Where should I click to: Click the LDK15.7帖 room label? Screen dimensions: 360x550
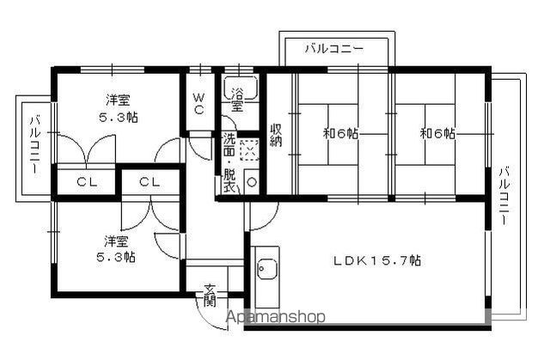coord(377,259)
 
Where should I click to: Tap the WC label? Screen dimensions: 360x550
coord(198,103)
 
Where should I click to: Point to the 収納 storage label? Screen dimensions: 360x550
coord(277,135)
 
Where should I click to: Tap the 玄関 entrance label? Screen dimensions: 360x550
coord(211,294)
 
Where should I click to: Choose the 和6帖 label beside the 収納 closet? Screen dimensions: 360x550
coord(341,134)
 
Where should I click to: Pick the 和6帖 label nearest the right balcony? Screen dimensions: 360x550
coord(437,134)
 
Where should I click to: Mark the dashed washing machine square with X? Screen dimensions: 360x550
coord(249,150)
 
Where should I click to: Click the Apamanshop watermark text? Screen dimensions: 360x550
coord(274,317)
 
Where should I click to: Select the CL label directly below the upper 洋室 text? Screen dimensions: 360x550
coord(87,182)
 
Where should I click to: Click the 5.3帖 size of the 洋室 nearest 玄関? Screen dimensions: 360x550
coord(117,256)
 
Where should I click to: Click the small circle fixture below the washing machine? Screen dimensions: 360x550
coord(250,182)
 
